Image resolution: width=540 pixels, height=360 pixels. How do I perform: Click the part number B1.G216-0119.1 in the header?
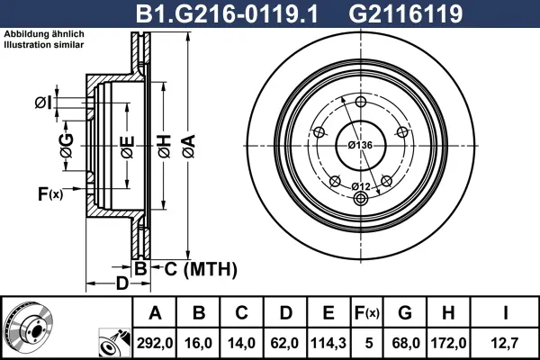click(226, 13)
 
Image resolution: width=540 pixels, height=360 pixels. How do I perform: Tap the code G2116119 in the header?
click(405, 13)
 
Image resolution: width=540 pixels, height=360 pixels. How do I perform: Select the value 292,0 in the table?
click(155, 343)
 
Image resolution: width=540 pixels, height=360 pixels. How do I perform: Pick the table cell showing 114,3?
click(328, 343)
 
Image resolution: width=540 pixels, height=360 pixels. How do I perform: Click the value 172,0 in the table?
click(449, 343)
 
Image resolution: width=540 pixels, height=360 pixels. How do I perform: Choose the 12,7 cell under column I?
click(505, 343)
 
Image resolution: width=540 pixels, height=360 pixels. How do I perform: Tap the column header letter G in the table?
click(405, 313)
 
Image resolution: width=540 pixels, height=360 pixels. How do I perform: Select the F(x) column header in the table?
click(367, 313)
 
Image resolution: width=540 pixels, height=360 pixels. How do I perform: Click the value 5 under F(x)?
click(369, 343)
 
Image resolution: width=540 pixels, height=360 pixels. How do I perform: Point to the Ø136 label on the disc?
click(360, 145)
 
